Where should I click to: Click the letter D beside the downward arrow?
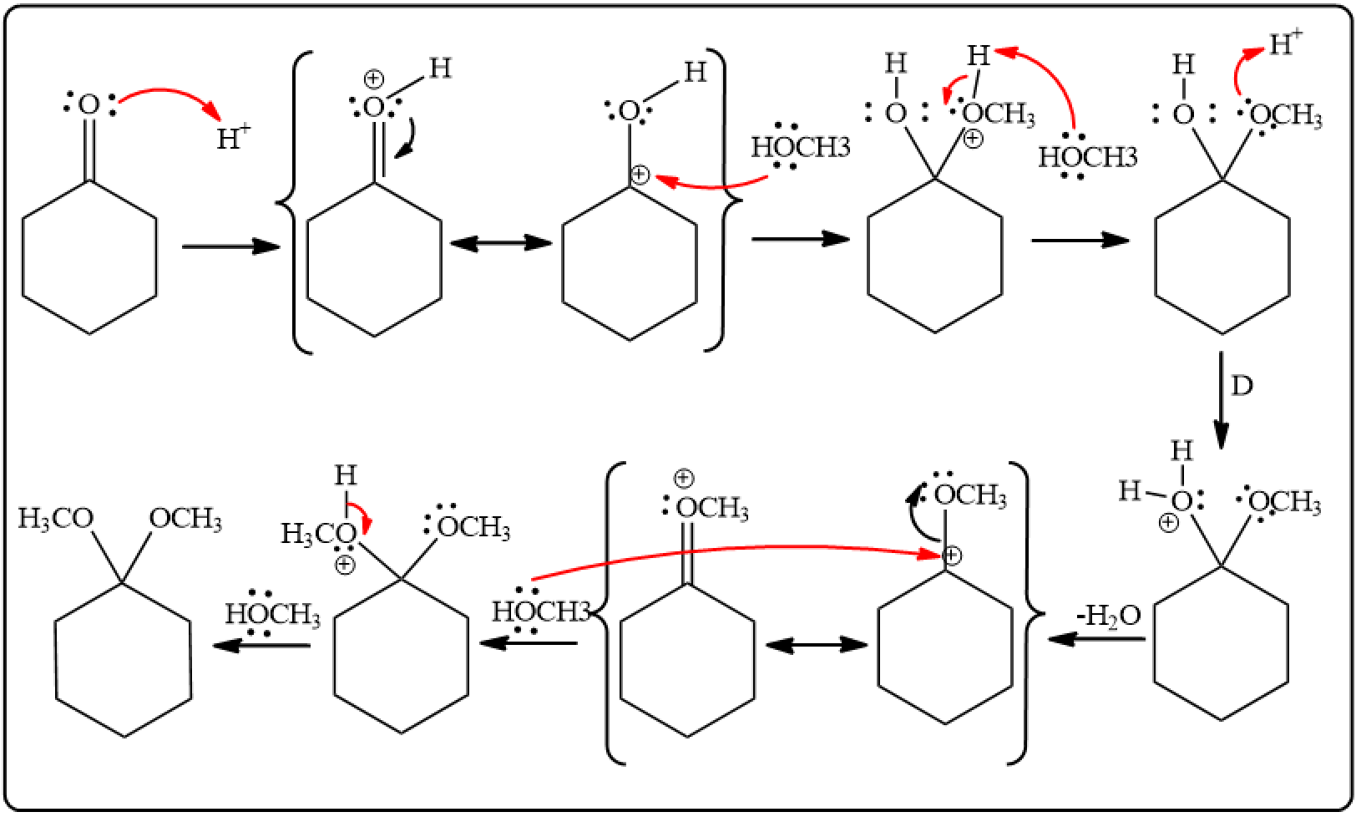pos(1242,386)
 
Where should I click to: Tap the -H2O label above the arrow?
pos(1109,617)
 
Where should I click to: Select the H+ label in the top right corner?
pos(1286,43)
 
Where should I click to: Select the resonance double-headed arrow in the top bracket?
pos(501,243)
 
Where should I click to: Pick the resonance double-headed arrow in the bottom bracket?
pos(817,645)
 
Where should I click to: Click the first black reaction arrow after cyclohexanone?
pos(231,246)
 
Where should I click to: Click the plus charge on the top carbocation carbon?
pos(640,175)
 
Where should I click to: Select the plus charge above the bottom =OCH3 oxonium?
pos(684,479)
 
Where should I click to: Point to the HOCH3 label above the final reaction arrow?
pos(273,614)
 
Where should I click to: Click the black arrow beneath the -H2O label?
pos(1096,639)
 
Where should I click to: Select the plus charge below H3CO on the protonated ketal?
pos(345,566)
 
